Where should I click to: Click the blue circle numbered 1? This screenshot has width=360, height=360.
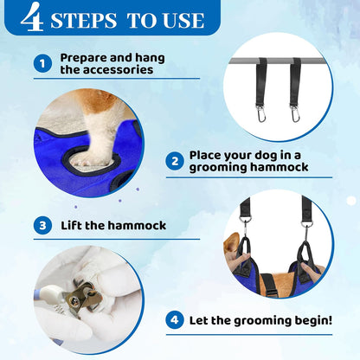[x=42, y=62]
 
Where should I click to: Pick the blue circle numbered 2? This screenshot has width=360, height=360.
[x=175, y=161]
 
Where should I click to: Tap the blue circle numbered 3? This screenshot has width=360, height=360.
[x=42, y=226]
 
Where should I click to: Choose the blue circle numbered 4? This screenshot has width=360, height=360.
[x=175, y=319]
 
